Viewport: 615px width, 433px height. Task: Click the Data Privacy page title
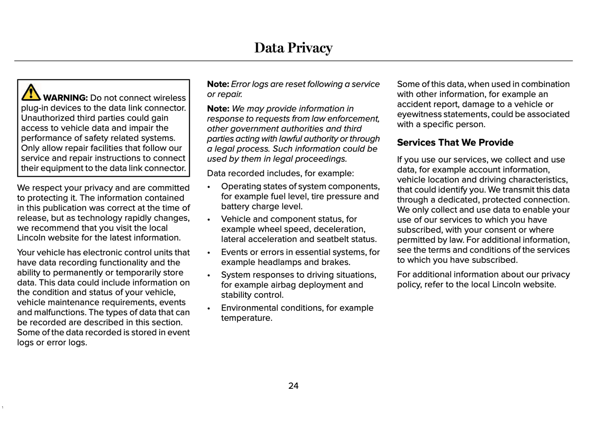[293, 48]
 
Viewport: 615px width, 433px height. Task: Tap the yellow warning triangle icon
[31, 92]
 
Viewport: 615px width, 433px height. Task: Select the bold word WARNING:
[65, 98]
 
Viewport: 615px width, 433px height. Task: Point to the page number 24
[293, 386]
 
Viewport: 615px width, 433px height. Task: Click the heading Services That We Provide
[455, 142]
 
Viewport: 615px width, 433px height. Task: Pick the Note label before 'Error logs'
[218, 84]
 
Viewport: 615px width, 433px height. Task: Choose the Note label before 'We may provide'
[218, 109]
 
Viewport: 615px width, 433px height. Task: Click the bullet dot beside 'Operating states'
[209, 187]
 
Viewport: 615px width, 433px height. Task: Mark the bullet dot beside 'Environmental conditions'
[209, 308]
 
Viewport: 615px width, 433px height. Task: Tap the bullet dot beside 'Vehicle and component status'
[209, 220]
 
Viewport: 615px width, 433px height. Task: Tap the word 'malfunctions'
[58, 313]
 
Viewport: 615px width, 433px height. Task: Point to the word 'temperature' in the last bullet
[246, 318]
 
